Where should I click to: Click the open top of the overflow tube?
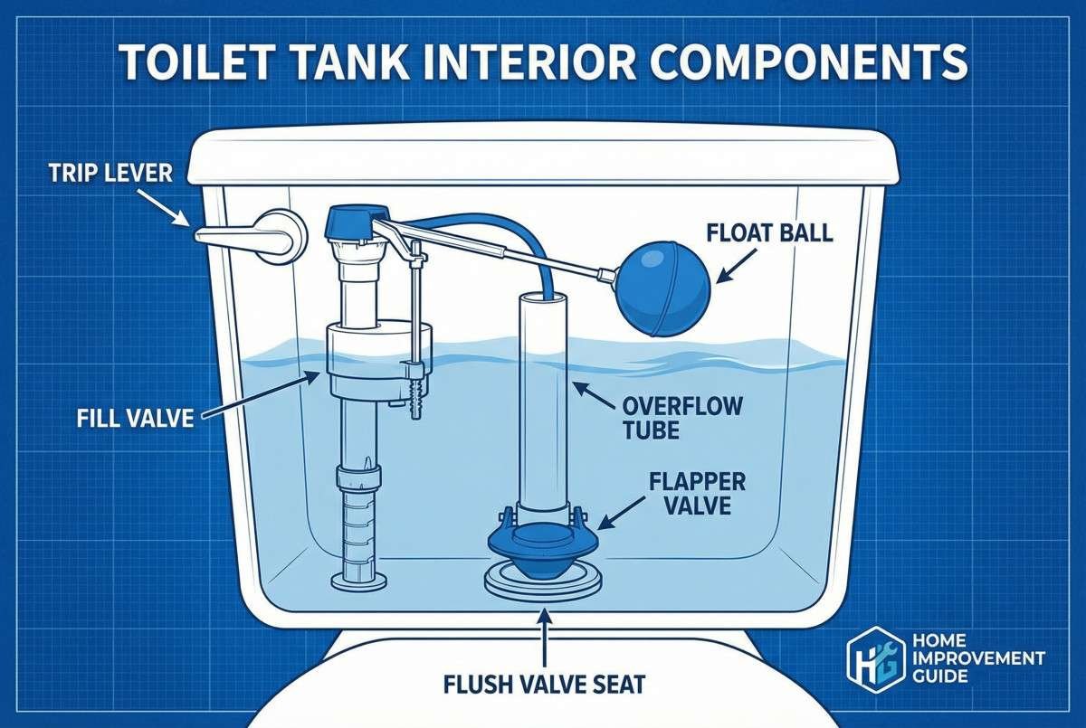540,298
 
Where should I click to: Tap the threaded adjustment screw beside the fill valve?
416,398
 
